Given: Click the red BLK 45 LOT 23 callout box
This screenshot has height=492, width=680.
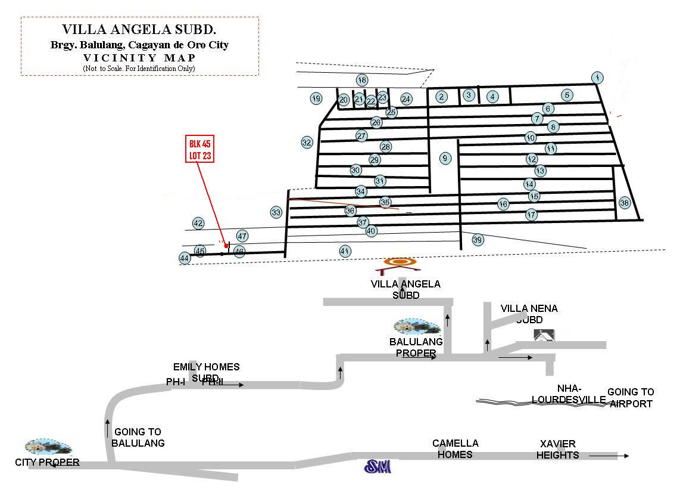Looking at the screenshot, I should (x=200, y=149).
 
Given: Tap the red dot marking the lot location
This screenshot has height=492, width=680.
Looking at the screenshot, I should (x=226, y=246).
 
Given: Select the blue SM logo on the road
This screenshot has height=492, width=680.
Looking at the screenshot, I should (x=378, y=466).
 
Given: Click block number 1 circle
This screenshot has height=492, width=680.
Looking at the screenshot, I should (x=597, y=78).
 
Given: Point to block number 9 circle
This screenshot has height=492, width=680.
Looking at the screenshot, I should (x=445, y=158).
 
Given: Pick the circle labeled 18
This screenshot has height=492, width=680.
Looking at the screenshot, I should (x=362, y=80).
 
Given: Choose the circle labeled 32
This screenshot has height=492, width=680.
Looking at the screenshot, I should (x=307, y=142).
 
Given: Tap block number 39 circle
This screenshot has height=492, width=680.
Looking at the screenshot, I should (x=478, y=240).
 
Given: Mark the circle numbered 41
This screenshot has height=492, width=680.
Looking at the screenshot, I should (x=344, y=251).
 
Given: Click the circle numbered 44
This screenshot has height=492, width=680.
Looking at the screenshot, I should (x=185, y=258).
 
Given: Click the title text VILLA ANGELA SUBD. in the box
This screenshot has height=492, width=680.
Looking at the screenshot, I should (x=140, y=29).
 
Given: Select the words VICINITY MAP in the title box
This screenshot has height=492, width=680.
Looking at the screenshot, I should (x=139, y=58).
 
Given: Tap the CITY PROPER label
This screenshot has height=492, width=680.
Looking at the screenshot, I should (x=47, y=462).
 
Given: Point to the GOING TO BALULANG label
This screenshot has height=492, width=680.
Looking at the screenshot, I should (x=138, y=437).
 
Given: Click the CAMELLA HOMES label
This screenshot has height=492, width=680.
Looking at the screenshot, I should (x=456, y=448).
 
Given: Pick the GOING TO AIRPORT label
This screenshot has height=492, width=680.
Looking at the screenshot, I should (x=630, y=398).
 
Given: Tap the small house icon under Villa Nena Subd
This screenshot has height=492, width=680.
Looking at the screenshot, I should (x=544, y=335).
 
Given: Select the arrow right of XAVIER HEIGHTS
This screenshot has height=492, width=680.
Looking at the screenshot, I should (x=609, y=456).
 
